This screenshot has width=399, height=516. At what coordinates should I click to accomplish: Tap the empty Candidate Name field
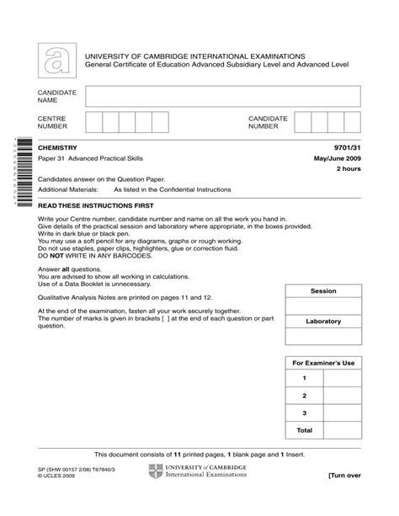click(223, 95)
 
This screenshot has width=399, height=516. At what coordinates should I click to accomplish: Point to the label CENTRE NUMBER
click(54, 124)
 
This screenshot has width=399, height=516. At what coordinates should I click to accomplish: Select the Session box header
click(323, 291)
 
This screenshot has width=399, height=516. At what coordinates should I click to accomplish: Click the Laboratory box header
click(323, 322)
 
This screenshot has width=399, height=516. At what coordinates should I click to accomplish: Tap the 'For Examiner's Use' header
click(323, 363)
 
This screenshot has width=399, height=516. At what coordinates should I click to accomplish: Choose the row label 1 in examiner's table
click(304, 379)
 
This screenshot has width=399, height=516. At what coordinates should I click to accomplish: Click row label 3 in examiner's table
click(304, 412)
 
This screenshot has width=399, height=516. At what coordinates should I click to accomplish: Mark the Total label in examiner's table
click(304, 429)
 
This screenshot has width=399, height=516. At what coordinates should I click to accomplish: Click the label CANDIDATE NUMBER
click(269, 124)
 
